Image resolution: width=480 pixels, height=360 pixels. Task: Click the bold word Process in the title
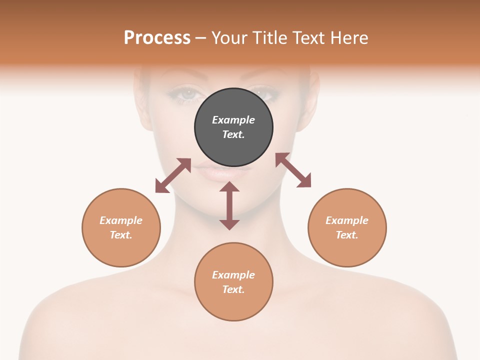[157, 37]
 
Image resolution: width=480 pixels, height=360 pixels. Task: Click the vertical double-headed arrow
[229, 205]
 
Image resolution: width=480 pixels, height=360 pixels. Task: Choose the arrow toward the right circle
[293, 170]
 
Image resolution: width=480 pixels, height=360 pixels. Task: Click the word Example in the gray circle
[233, 120]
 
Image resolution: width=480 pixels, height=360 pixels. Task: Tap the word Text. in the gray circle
[233, 134]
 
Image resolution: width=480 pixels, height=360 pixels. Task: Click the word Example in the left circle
[121, 220]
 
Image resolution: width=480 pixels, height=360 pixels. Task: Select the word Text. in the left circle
[121, 235]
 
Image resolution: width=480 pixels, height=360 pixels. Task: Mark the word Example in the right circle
[347, 220]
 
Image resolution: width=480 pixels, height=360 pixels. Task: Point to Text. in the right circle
[347, 235]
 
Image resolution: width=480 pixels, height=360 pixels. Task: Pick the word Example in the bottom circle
[233, 275]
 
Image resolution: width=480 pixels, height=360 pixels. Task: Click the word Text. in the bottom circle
[233, 289]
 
